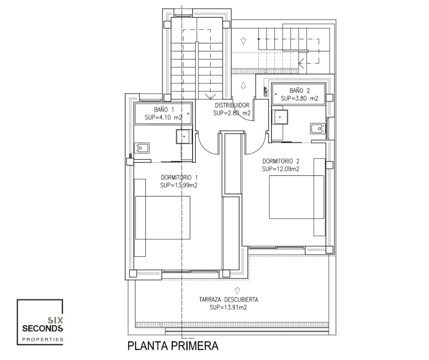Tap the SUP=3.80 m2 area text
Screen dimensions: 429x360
tap(299, 98)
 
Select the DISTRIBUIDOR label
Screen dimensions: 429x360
tap(232, 105)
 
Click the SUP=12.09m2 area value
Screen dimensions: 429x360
tap(280, 169)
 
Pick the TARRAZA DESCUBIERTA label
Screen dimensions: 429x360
tap(229, 300)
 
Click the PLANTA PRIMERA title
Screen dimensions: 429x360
tap(173, 346)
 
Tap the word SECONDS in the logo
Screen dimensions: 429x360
tap(42, 328)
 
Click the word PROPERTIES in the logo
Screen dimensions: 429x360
tap(42, 339)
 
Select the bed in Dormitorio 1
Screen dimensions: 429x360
tap(162, 217)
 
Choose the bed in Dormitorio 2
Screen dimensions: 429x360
tap(296, 197)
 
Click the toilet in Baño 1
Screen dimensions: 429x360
tap(141, 148)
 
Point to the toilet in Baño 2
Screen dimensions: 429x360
tap(318, 128)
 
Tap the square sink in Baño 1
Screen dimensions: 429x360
tap(184, 136)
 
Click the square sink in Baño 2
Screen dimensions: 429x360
tap(280, 117)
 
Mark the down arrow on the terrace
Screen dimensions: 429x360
tap(237, 291)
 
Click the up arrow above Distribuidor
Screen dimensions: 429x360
tap(243, 85)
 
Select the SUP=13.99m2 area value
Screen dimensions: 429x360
tap(179, 185)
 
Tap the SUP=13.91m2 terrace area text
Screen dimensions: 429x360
tap(229, 307)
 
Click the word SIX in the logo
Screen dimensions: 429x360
tap(55, 320)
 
